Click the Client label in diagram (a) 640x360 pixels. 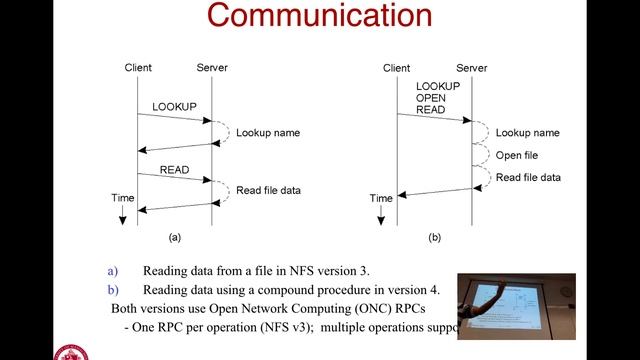138,67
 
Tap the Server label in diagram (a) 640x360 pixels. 211,67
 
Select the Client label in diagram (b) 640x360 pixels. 397,67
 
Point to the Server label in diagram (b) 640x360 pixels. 471,67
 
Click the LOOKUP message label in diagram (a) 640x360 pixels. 174,105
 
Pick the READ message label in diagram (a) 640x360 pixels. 174,170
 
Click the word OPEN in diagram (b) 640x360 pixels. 431,98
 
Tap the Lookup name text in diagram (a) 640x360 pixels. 267,133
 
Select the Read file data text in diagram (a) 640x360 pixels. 268,190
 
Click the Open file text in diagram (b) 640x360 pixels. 517,155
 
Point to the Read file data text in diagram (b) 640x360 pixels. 528,178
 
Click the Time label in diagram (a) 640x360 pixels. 122,198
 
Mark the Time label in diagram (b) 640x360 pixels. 381,198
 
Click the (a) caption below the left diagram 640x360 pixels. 174,237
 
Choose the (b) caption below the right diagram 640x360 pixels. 434,237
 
